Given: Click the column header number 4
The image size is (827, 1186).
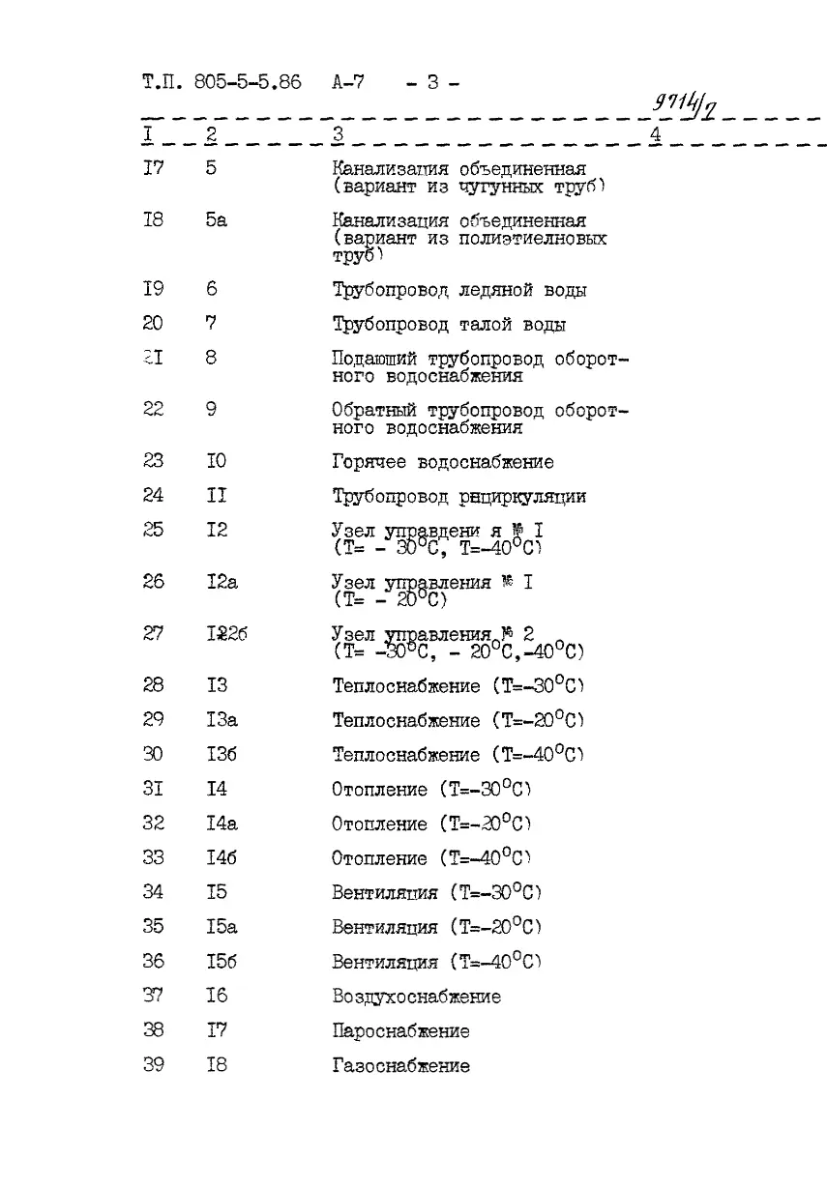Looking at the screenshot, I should [x=655, y=134].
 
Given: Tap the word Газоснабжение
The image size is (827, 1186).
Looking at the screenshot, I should [x=401, y=1066].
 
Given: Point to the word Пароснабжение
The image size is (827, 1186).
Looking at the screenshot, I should [x=401, y=1031].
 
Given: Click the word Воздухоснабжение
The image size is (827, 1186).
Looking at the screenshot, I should [x=417, y=997].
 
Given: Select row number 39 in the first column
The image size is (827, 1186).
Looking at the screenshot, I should [x=153, y=1065].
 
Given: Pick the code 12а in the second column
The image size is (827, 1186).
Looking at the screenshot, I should [x=222, y=582].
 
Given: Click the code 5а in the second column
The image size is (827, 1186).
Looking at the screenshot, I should [x=216, y=220].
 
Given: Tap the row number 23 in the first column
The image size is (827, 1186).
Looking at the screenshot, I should [x=153, y=461].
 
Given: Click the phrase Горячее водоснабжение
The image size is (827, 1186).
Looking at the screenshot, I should [x=443, y=462].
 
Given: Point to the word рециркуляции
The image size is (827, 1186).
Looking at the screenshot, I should [x=523, y=497].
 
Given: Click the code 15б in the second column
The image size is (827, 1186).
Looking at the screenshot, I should [x=222, y=962].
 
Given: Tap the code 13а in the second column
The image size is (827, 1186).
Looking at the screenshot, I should [x=222, y=720].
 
